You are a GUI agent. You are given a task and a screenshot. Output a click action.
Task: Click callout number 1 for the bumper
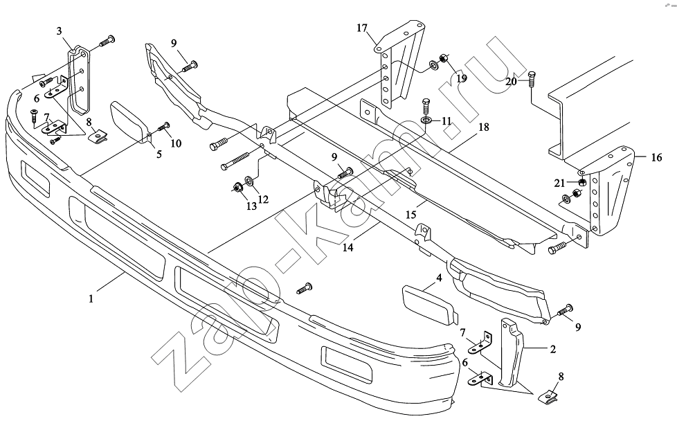pyautogui.click(x=91, y=298)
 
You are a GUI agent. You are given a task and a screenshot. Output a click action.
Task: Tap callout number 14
pyautogui.click(x=348, y=247)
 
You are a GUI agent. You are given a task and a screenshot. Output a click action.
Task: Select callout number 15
pyautogui.click(x=410, y=215)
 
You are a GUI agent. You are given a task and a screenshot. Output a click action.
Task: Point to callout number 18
pyautogui.click(x=484, y=127)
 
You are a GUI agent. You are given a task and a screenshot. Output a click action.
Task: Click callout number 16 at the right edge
pyautogui.click(x=656, y=158)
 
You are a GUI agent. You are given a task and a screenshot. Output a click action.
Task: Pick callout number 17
pyautogui.click(x=362, y=28)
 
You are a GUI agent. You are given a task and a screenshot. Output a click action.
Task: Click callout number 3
pyautogui.click(x=59, y=30)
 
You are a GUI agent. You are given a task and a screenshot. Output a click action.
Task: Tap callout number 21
pyautogui.click(x=559, y=183)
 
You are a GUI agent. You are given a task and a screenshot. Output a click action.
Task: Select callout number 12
pyautogui.click(x=263, y=199)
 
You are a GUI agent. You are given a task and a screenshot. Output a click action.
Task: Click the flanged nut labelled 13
pyautogui.click(x=237, y=188)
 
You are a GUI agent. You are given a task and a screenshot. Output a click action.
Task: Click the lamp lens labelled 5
pyautogui.click(x=129, y=122)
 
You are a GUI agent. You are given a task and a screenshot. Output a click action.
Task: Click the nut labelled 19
pyautogui.click(x=442, y=58)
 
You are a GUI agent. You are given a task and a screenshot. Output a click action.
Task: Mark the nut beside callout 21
pyautogui.click(x=581, y=182)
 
